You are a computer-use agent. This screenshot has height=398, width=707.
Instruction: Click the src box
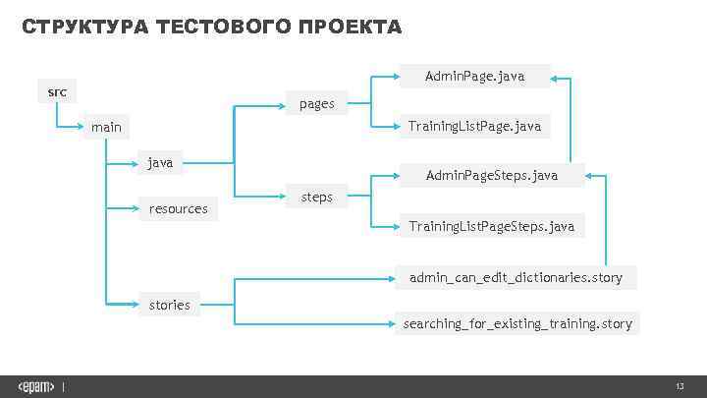[58, 92]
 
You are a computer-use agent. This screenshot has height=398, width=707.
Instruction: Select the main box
[106, 128]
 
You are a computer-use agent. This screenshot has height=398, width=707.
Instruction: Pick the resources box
[178, 208]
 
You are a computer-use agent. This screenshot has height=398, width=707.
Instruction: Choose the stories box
[169, 305]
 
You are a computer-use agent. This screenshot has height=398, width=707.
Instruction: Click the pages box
[317, 102]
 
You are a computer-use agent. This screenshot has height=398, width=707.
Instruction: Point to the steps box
[316, 198]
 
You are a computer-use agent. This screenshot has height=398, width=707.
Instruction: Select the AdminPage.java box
[474, 76]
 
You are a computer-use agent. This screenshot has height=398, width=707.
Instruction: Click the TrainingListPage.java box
[474, 127]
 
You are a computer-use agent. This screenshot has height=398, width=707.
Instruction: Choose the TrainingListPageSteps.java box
[492, 227]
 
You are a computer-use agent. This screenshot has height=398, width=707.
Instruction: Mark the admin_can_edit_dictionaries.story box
[516, 277]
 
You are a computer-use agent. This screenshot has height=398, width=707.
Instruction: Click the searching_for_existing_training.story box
[517, 322]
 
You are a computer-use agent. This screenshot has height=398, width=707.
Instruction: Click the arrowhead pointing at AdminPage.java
[556, 77]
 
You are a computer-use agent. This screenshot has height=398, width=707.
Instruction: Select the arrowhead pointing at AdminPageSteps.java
[591, 177]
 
